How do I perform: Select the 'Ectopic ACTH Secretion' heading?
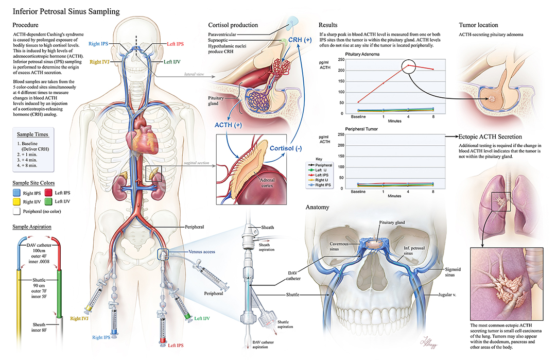click(x=491, y=136)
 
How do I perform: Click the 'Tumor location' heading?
click(x=478, y=25)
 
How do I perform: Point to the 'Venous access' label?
click(x=201, y=253)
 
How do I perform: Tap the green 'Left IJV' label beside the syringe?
click(x=202, y=318)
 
